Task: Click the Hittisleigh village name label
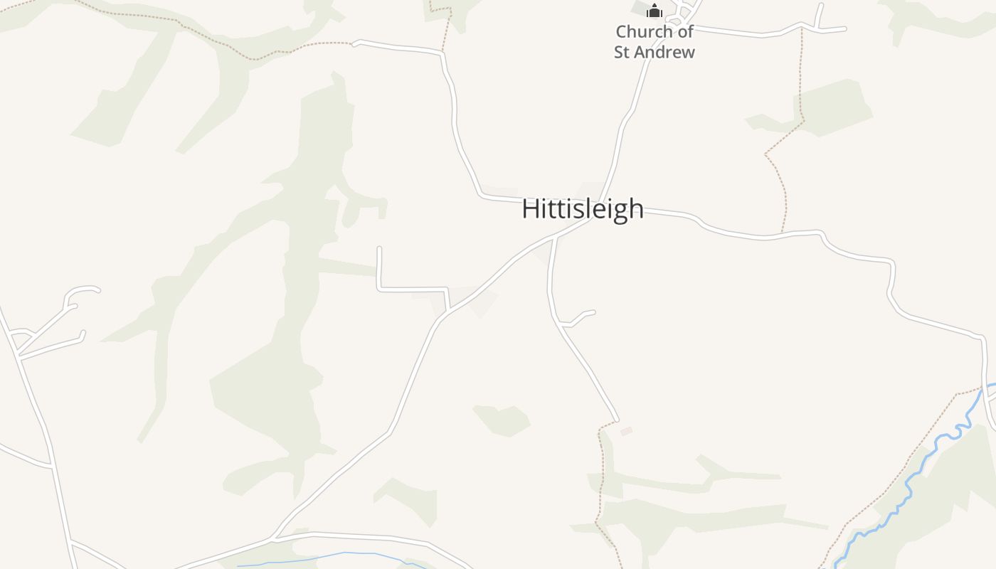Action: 583,209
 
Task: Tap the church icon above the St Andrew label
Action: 654,11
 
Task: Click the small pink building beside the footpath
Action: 626,431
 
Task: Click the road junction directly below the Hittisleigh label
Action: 554,238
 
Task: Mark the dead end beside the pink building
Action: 616,420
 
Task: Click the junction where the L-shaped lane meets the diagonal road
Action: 449,309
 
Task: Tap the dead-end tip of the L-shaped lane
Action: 379,248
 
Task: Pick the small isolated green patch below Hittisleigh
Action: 502,420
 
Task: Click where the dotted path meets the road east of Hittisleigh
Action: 782,233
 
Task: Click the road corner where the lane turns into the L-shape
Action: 379,289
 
